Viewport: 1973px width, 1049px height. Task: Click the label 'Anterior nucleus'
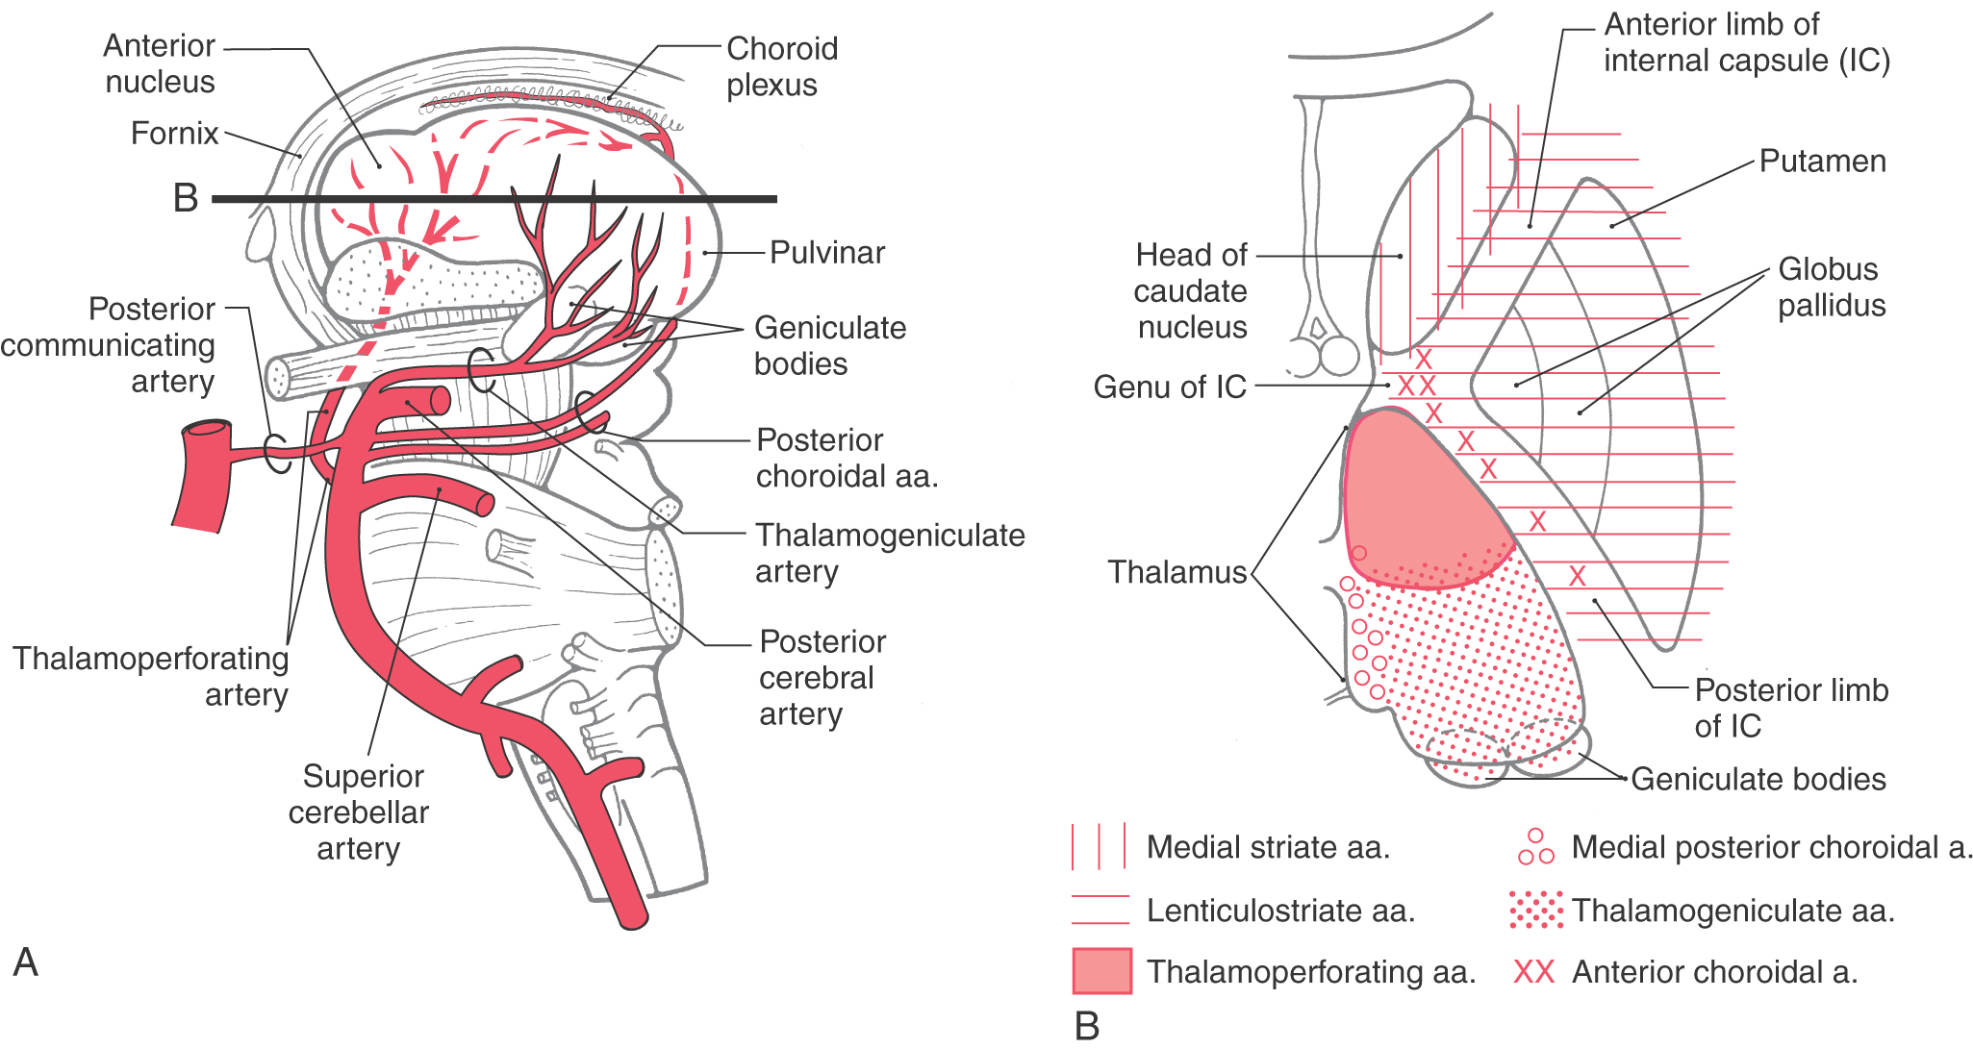coord(160,63)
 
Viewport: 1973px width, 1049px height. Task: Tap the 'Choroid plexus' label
coord(781,66)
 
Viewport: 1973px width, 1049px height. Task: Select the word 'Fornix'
coord(174,133)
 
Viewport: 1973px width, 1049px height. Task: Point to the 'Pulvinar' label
coord(827,253)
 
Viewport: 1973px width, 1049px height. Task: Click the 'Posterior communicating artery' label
coord(108,345)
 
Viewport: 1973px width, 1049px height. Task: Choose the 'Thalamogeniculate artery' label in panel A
coord(889,553)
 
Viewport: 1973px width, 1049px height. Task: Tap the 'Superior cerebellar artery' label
coord(359,812)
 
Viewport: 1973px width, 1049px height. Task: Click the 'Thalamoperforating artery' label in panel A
coord(151,676)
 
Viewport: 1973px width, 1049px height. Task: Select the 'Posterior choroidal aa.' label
coord(847,458)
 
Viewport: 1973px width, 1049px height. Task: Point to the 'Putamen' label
coord(1822,162)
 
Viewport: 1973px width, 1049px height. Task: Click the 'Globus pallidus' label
coord(1831,287)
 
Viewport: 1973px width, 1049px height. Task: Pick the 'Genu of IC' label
coord(1170,387)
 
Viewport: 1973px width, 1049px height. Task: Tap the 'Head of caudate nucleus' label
coord(1191,291)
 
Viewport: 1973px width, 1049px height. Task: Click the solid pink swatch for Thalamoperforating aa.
coord(1101,971)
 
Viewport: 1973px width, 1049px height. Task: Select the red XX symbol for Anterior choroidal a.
coord(1533,972)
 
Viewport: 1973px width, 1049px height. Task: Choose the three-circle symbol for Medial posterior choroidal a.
coord(1535,847)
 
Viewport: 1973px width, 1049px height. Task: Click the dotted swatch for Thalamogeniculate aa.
coord(1535,910)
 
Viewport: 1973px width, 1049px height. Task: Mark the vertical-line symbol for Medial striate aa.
coord(1099,847)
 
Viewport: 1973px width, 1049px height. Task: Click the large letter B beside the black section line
coord(186,198)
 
